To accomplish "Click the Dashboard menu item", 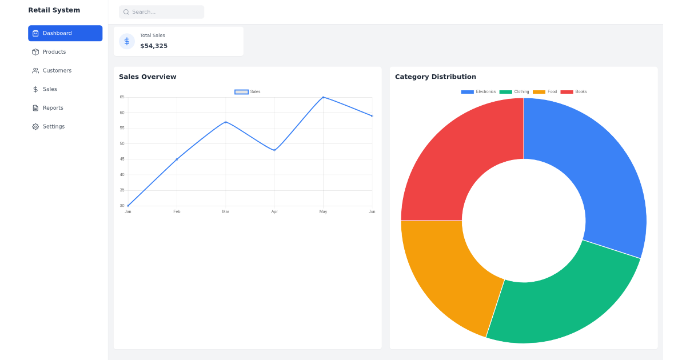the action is pyautogui.click(x=65, y=33).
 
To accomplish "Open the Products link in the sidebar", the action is pyautogui.click(x=54, y=52).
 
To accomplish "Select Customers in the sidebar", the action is pyautogui.click(x=57, y=71).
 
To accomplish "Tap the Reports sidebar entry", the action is pyautogui.click(x=53, y=108).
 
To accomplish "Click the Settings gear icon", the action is pyautogui.click(x=35, y=127).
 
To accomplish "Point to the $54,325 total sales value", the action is pyautogui.click(x=154, y=46).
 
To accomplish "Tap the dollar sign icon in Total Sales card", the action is pyautogui.click(x=127, y=41).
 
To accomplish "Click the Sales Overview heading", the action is pyautogui.click(x=147, y=77).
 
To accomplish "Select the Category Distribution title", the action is pyautogui.click(x=435, y=77).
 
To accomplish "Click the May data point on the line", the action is pyautogui.click(x=323, y=97).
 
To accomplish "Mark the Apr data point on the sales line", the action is pyautogui.click(x=274, y=150).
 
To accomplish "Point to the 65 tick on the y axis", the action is pyautogui.click(x=122, y=97).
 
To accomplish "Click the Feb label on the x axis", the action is pyautogui.click(x=177, y=212).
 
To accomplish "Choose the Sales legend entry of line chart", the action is pyautogui.click(x=248, y=91).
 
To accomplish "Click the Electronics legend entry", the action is pyautogui.click(x=478, y=91).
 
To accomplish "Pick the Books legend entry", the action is pyautogui.click(x=574, y=91).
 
